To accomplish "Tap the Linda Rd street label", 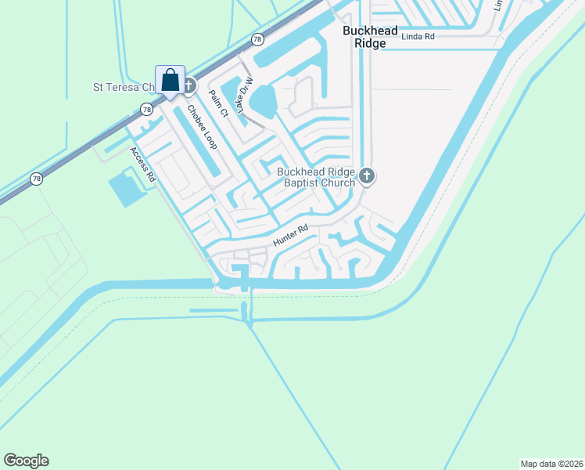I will (x=418, y=36).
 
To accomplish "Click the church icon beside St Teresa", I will (x=189, y=81).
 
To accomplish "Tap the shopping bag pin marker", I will (x=170, y=79).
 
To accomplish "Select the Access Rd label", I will (x=144, y=165).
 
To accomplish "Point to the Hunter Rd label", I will (x=291, y=236).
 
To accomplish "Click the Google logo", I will (x=26, y=461).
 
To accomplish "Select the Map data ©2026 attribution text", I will (x=551, y=463).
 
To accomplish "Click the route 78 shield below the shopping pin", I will (x=146, y=109).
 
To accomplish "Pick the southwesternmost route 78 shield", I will (x=37, y=179).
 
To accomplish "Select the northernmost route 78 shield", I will (x=257, y=39).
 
